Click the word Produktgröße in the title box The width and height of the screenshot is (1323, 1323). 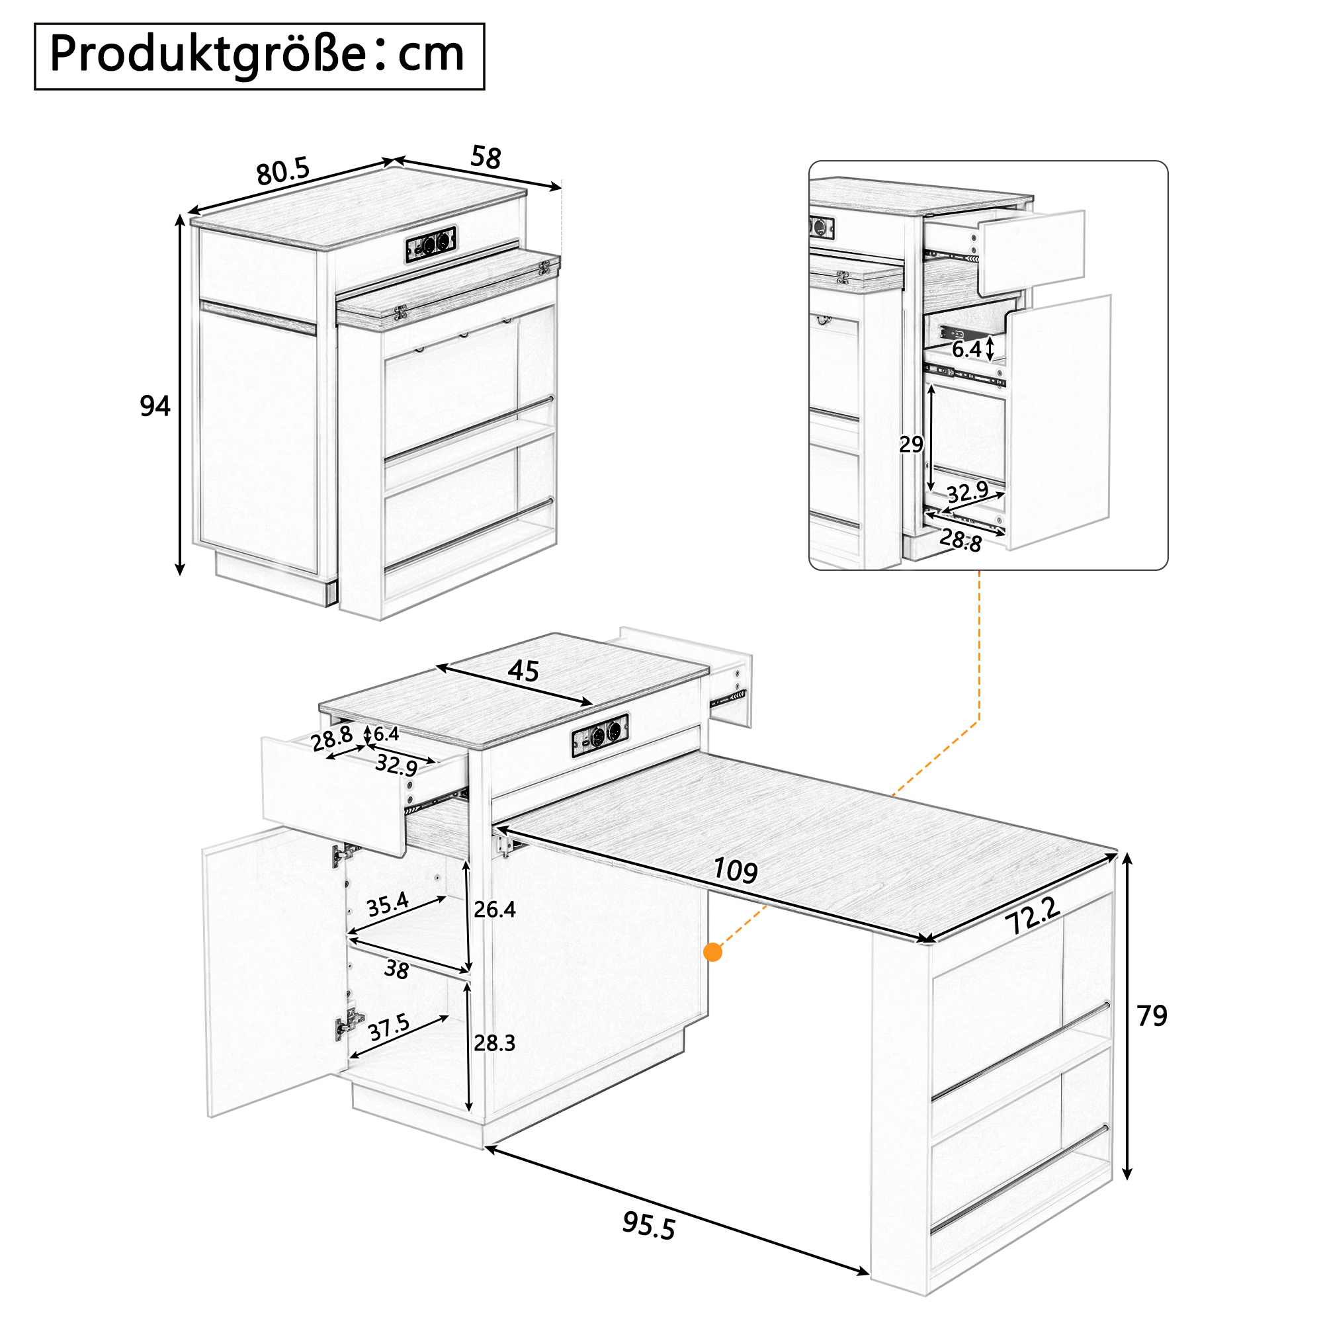point(208,56)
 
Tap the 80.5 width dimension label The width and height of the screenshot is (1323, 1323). point(284,171)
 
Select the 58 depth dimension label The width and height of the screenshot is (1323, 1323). point(486,157)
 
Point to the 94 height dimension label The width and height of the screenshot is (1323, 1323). point(155,406)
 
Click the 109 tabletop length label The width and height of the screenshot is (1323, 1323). point(736,871)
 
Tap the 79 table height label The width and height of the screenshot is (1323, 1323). point(1152,1015)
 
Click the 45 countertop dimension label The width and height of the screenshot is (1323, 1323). point(523,671)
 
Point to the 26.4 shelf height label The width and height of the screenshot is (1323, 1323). point(494,910)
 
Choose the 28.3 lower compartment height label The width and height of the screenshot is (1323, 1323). point(494,1043)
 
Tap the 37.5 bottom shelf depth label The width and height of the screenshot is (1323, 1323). point(389,1027)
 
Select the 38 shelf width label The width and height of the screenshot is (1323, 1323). point(396,969)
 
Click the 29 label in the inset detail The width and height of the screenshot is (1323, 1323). point(911,445)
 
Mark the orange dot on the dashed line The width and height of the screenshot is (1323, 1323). point(713,952)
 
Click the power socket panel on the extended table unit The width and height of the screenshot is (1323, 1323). point(601,734)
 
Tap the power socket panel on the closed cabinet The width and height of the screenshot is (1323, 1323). point(431,244)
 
